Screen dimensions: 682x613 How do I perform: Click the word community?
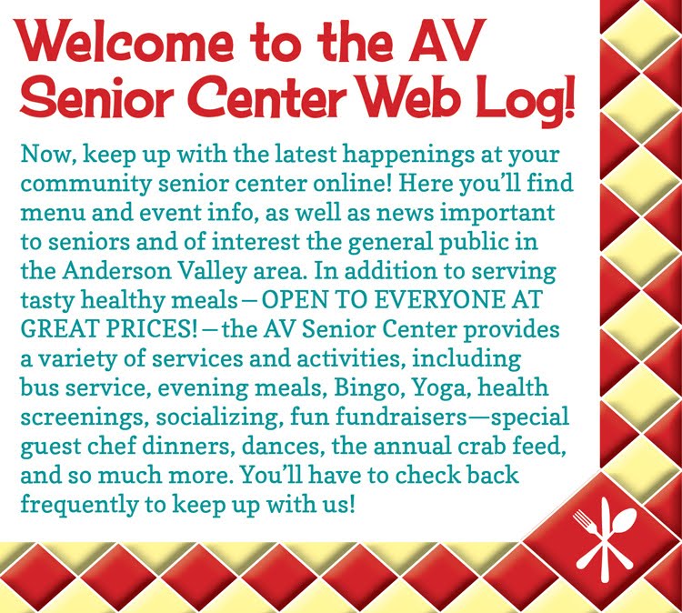click(x=85, y=185)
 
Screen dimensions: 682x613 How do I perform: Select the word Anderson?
click(x=117, y=271)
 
